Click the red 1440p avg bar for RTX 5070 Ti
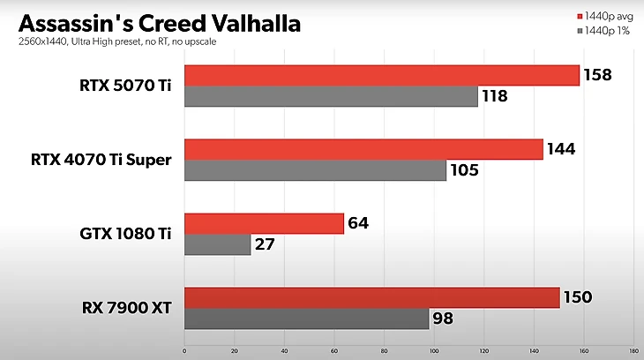coord(381,75)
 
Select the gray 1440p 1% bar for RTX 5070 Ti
coord(331,96)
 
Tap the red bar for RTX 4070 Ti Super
coord(363,149)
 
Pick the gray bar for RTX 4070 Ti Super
coord(315,170)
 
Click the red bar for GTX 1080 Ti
coord(264,223)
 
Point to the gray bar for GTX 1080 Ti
coord(217,244)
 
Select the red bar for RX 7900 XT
coord(371,298)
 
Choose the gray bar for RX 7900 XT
coord(306,319)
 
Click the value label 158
coord(598,75)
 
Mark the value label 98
coord(445,319)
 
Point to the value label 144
coord(561,149)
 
